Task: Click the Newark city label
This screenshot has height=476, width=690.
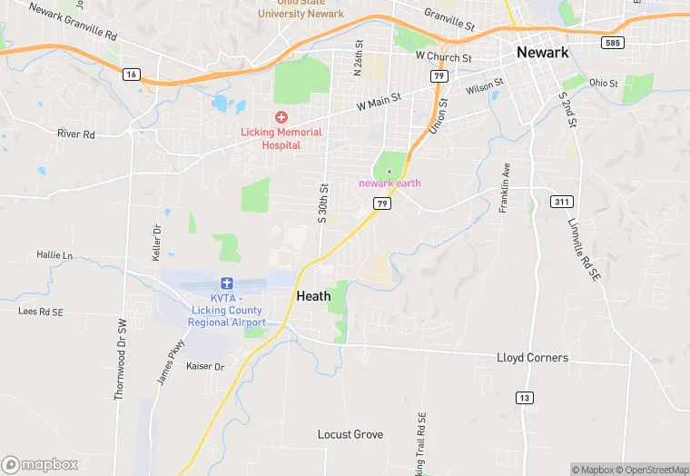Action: [542, 52]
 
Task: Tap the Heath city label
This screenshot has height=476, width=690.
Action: [313, 296]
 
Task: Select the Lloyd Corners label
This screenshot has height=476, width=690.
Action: [532, 358]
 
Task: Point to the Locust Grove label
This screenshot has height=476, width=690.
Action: [350, 435]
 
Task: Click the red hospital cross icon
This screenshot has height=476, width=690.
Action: [281, 117]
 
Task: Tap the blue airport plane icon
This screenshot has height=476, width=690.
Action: [227, 284]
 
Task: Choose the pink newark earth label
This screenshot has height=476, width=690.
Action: [389, 183]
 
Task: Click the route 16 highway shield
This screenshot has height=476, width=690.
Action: [133, 74]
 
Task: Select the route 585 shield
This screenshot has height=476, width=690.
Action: [611, 42]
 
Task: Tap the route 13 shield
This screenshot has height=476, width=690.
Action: [524, 397]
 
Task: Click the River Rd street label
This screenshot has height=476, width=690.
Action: [76, 134]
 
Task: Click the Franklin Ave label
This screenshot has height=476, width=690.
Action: [505, 188]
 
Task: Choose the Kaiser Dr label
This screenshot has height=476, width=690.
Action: [205, 366]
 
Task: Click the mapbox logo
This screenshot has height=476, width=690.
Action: [40, 463]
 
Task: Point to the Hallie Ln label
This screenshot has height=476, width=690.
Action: [54, 255]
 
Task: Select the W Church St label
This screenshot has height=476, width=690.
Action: [443, 57]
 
